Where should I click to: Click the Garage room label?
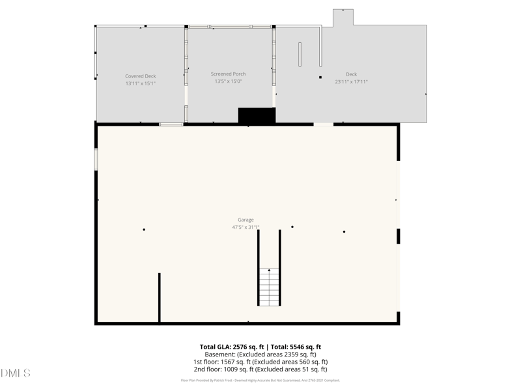(246, 220)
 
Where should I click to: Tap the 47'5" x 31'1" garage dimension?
(246, 227)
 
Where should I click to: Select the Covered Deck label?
(141, 76)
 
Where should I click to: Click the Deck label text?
(351, 74)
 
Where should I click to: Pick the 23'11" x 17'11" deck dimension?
(351, 82)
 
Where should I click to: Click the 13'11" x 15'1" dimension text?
(141, 83)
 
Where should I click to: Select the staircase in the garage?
(269, 287)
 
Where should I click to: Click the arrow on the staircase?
(269, 269)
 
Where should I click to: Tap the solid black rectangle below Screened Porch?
(257, 115)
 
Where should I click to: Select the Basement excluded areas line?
(260, 355)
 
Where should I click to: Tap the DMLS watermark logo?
(16, 373)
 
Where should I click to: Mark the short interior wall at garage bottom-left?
(159, 297)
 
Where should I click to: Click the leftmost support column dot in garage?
(144, 229)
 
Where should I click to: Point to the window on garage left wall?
(96, 159)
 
